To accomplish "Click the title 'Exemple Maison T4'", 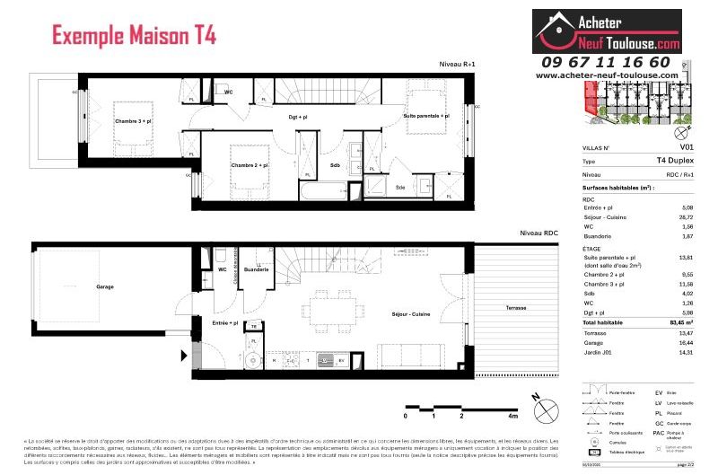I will pyautogui.click(x=134, y=37).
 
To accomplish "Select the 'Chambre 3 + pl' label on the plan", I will pyautogui.click(x=133, y=120).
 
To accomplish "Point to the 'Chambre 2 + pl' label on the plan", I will pyautogui.click(x=250, y=165).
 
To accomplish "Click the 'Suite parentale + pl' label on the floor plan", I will pyautogui.click(x=426, y=116).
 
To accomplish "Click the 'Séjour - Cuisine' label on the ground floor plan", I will pyautogui.click(x=411, y=314).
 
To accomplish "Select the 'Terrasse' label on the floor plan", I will pyautogui.click(x=516, y=307).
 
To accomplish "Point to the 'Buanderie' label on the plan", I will pyautogui.click(x=256, y=269).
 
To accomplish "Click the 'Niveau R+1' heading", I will pyautogui.click(x=456, y=64).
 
